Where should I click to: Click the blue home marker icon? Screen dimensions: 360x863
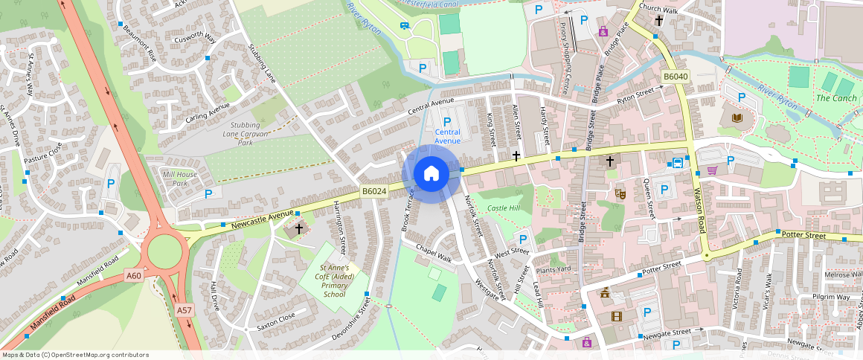[x=431, y=174]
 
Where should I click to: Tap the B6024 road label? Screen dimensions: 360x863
[x=374, y=191]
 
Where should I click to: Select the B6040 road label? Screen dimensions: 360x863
[x=676, y=77]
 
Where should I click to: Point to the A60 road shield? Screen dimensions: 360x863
[x=134, y=276]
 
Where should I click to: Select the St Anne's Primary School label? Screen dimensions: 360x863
[x=334, y=280]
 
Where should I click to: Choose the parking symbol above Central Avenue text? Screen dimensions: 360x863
[x=447, y=121]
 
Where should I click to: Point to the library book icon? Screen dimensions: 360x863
[x=737, y=118]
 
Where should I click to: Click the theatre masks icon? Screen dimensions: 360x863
[x=620, y=194]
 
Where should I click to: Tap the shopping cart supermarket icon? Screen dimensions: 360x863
[x=712, y=170]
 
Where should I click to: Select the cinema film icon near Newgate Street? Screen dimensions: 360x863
[x=617, y=316]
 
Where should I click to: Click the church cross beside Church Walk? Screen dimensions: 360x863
[x=659, y=21]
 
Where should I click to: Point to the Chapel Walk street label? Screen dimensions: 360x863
[x=434, y=253]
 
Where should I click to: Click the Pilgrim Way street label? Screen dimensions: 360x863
[x=831, y=297]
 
